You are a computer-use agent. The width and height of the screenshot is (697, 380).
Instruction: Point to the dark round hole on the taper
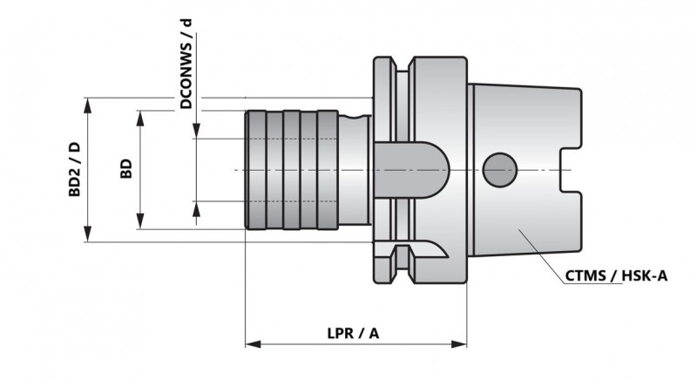coord(499,169)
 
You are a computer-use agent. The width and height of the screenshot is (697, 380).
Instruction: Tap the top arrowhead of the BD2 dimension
coord(87,105)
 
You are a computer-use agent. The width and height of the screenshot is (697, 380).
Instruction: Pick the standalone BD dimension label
coord(126,168)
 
